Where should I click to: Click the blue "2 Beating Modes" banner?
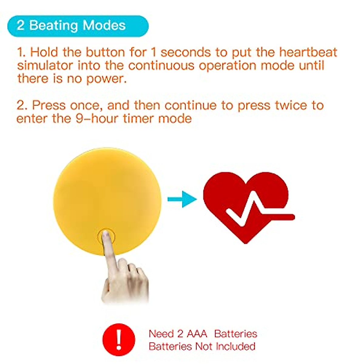78,26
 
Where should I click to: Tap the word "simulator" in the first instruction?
45,66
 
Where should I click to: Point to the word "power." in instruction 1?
106,79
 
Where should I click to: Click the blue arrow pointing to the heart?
182,199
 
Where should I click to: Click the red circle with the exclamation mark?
119,339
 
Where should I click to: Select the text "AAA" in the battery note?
197,334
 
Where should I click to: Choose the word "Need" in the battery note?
161,334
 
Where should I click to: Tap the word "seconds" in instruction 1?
186,52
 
